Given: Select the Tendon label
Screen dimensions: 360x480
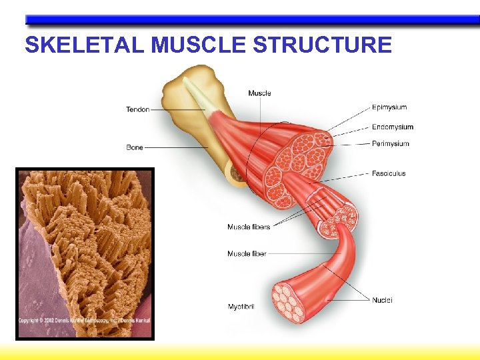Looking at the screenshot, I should click(137, 109).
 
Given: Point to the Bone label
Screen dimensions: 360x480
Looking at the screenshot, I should click(134, 147).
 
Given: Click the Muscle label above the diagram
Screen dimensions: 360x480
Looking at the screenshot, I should click(259, 93).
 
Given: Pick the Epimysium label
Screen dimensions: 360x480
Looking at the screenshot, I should click(389, 107).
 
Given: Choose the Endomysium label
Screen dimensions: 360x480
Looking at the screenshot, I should click(392, 127).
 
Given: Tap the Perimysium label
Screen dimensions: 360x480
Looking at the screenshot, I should click(390, 144).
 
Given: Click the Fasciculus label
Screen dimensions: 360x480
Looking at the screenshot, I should click(388, 173).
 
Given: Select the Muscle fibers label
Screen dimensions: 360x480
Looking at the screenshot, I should click(249, 227).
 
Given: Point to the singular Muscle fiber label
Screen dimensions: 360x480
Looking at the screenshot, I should click(247, 254).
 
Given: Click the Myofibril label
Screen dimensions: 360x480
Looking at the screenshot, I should click(241, 307).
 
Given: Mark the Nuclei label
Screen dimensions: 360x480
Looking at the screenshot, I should click(382, 300).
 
